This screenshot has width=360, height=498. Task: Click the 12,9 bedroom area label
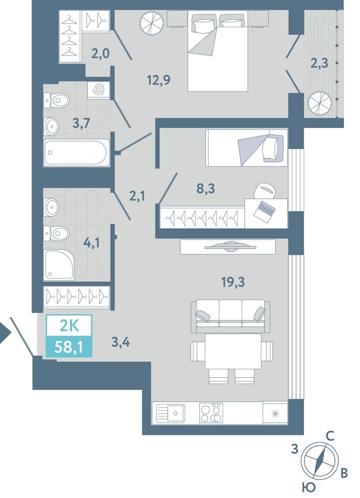159,80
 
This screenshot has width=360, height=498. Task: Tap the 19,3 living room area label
233,282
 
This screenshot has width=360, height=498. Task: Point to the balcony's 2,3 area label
319,63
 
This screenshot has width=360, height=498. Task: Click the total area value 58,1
69,347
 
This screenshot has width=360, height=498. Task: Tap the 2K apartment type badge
69,326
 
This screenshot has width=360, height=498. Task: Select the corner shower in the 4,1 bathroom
60,265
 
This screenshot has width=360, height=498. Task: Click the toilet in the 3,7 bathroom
57,101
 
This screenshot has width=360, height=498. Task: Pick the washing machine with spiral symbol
99,90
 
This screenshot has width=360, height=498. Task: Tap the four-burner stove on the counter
211,413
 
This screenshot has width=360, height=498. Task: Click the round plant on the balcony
320,104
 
